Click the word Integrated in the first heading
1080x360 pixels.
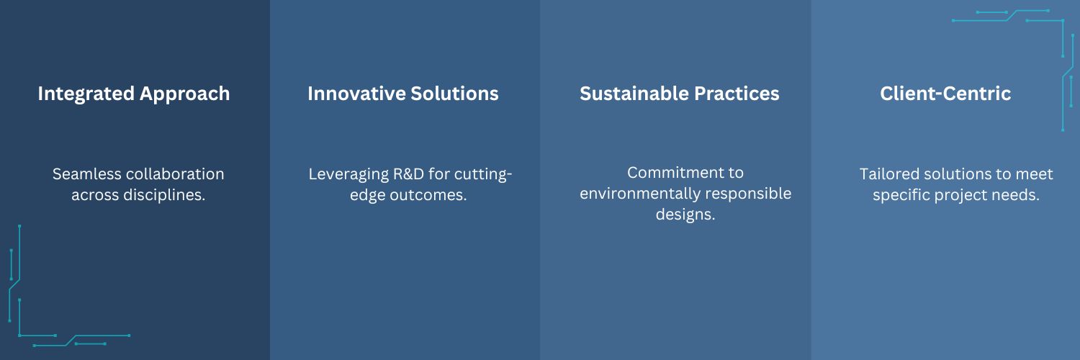86,94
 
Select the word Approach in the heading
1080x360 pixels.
184,94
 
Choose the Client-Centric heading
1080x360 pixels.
945,94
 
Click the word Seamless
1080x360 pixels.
86,174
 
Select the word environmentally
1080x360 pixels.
636,193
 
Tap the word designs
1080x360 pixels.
685,214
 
